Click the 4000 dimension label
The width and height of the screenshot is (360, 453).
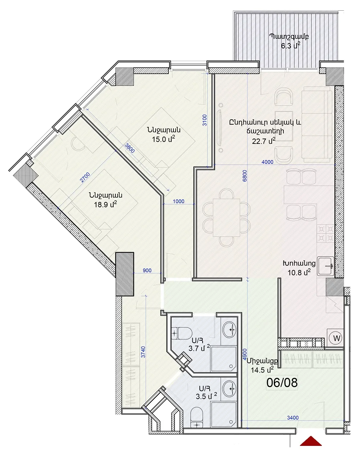267,162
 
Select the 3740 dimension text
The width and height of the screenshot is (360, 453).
143,352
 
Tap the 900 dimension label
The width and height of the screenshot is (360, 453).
147,270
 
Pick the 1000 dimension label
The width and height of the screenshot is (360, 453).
178,201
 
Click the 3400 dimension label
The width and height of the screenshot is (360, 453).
293,417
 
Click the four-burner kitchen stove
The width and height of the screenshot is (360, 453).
325,233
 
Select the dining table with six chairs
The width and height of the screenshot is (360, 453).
226,218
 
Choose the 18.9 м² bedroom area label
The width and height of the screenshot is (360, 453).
105,204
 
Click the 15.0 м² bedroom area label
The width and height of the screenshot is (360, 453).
163,139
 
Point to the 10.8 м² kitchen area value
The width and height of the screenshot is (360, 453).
299,272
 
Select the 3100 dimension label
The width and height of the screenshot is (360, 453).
204,120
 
